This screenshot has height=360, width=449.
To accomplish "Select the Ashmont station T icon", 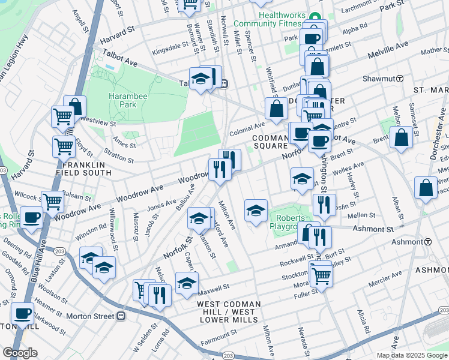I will pyautogui.click(x=428, y=241).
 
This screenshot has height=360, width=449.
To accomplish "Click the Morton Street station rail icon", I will pyautogui.click(x=121, y=316).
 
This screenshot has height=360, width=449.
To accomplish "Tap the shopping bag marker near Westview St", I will pyautogui.click(x=74, y=107).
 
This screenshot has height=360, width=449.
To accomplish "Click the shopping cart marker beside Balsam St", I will pyautogui.click(x=53, y=201).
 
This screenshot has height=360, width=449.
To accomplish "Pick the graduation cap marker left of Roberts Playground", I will pyautogui.click(x=256, y=210).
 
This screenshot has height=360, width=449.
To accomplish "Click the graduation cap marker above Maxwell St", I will pyautogui.click(x=187, y=282).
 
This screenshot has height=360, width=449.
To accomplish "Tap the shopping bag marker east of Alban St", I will pyautogui.click(x=426, y=188).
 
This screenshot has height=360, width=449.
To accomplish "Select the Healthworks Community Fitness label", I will pyautogui.click(x=267, y=19).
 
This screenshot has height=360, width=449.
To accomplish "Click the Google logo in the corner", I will pyautogui.click(x=20, y=353).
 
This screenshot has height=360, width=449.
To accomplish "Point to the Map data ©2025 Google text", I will pyautogui.click(x=412, y=355).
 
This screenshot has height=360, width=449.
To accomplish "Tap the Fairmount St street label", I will pyautogui.click(x=218, y=335).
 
